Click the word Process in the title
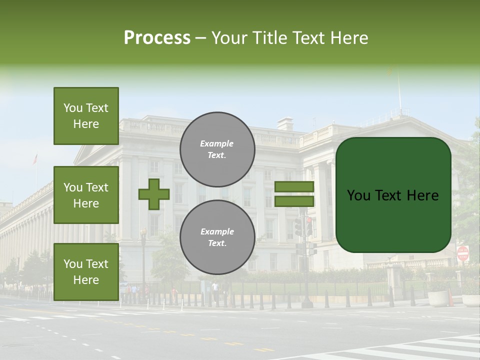(x=157, y=38)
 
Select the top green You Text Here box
(x=86, y=116)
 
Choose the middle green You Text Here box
(x=86, y=195)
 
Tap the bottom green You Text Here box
(x=86, y=271)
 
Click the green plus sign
(x=154, y=194)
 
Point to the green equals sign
(x=294, y=194)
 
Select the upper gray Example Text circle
(x=217, y=149)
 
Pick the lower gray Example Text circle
(x=217, y=237)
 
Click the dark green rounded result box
(x=393, y=195)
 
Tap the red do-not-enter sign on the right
(x=463, y=253)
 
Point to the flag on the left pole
(x=35, y=159)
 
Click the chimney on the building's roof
(x=285, y=123)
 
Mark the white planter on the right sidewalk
(x=438, y=298)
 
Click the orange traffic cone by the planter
(x=450, y=299)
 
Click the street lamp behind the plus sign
(x=143, y=235)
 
